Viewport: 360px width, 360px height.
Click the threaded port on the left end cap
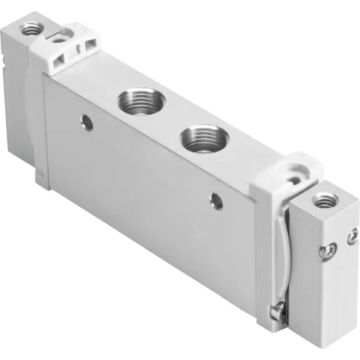[x=31, y=29]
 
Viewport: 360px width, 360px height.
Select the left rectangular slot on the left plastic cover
[x=75, y=51]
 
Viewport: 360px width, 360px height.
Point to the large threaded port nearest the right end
[x=198, y=136]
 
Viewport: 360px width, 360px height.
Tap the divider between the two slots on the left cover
[x=83, y=48]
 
